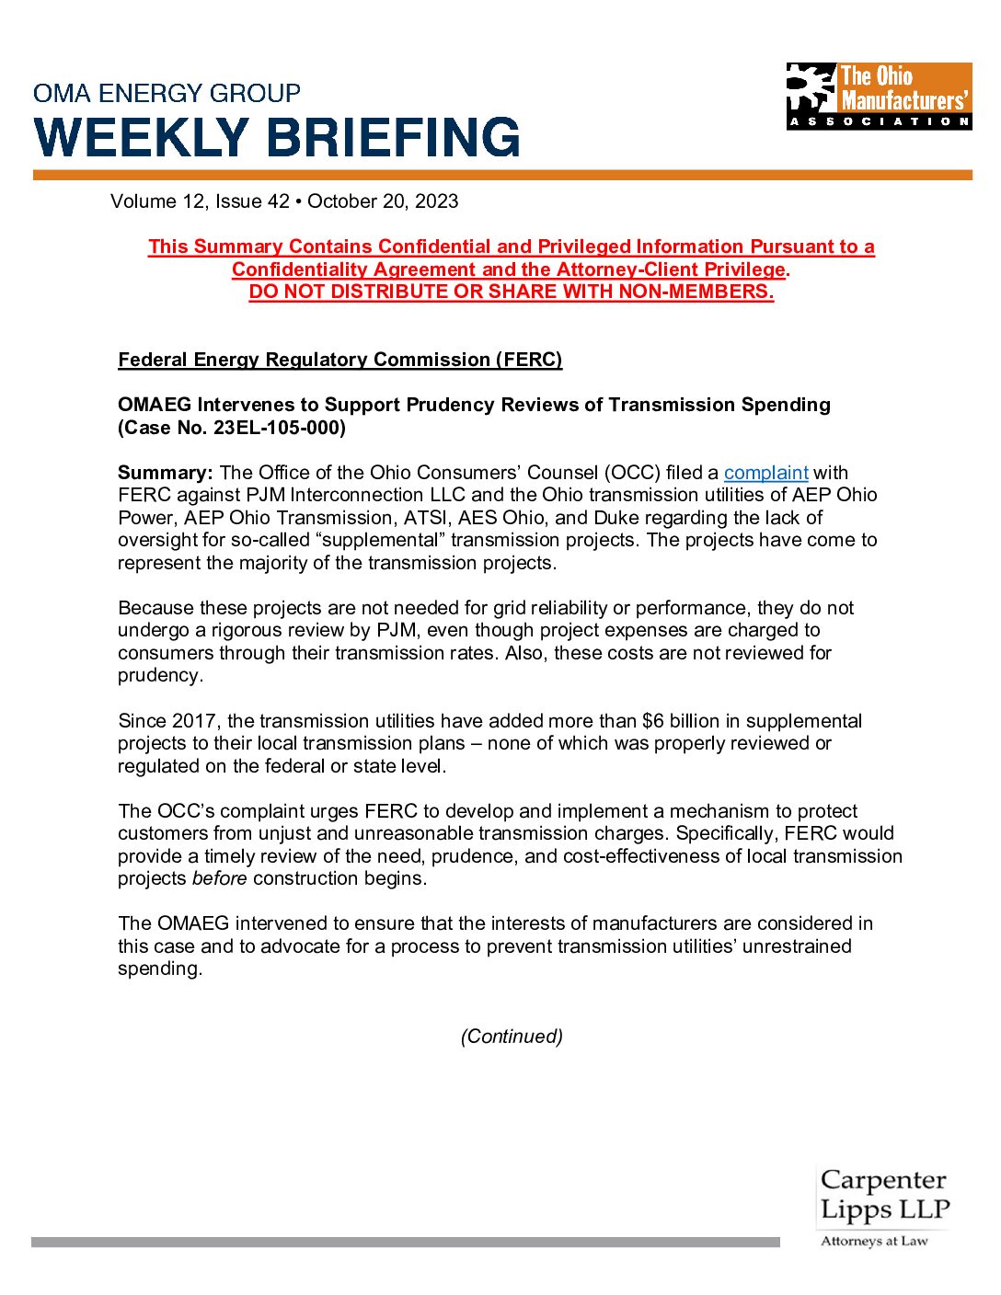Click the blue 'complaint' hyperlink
tap(765, 473)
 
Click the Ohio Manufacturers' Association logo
tap(879, 96)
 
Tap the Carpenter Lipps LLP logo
tap(883, 1196)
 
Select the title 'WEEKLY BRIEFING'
tap(277, 137)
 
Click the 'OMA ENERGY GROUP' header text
tap(167, 93)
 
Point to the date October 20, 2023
tap(383, 201)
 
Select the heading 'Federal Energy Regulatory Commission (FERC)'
tap(339, 360)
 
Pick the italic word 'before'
tap(219, 878)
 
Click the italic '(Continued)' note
tap(512, 1037)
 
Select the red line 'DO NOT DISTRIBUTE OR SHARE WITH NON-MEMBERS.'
tap(511, 292)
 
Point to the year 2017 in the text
tap(193, 721)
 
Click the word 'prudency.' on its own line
tap(160, 675)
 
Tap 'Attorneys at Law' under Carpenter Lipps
tap(874, 1242)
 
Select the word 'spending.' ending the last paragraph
tap(159, 968)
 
